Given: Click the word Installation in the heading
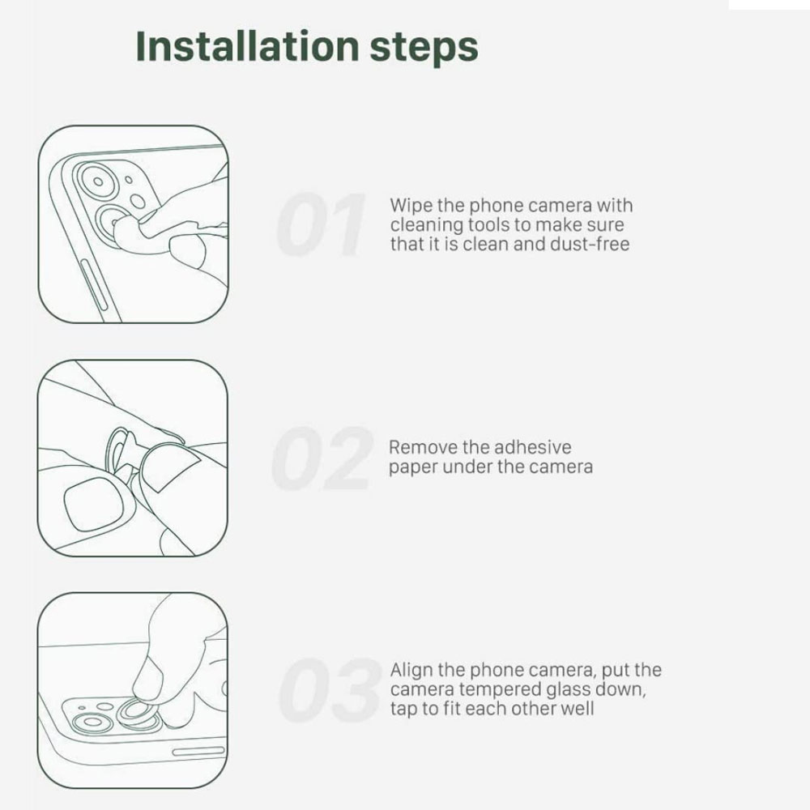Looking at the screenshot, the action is click(x=247, y=46).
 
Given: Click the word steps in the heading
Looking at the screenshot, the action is click(x=424, y=48).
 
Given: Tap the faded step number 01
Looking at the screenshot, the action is click(x=321, y=224).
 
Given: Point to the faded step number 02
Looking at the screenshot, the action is click(x=322, y=458).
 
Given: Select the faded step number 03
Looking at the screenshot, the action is click(x=330, y=690).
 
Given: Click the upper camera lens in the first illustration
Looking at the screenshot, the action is click(x=98, y=181).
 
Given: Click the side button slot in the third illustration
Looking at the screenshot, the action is click(x=198, y=751).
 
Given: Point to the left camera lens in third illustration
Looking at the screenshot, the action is click(x=92, y=722).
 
